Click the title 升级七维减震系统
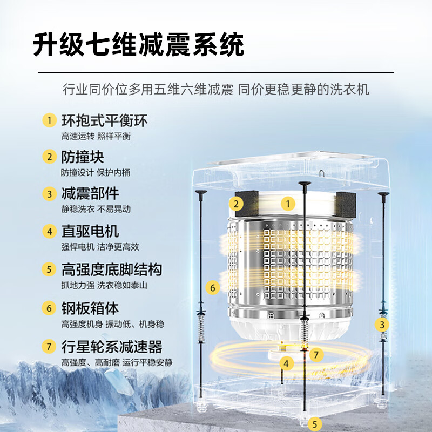138,45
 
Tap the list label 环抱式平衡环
104,120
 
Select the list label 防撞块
82,157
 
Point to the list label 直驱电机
90,231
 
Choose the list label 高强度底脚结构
111,269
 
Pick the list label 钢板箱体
90,308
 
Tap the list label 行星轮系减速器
111,346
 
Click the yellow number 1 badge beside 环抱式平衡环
50,120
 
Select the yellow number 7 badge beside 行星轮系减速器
50,346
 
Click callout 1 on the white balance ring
288,204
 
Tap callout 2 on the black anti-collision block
235,204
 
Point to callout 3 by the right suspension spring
382,325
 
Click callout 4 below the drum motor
287,363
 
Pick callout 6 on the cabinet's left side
213,288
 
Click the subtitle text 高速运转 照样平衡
96,136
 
